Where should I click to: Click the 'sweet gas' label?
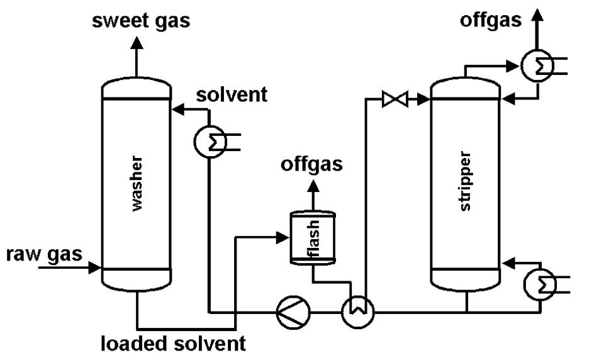(x=141, y=21)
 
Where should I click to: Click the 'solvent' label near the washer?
(x=231, y=95)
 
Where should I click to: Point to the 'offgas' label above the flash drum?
(x=312, y=165)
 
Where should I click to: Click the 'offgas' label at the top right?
(x=491, y=20)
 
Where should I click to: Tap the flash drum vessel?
(x=312, y=238)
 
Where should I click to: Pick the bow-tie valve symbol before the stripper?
(x=395, y=99)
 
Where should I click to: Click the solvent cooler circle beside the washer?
(x=210, y=143)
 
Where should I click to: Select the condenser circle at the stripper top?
(x=537, y=64)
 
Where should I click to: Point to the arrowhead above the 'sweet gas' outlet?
(x=137, y=41)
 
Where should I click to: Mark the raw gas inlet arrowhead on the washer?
(x=96, y=269)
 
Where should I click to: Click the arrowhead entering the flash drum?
(x=283, y=237)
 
